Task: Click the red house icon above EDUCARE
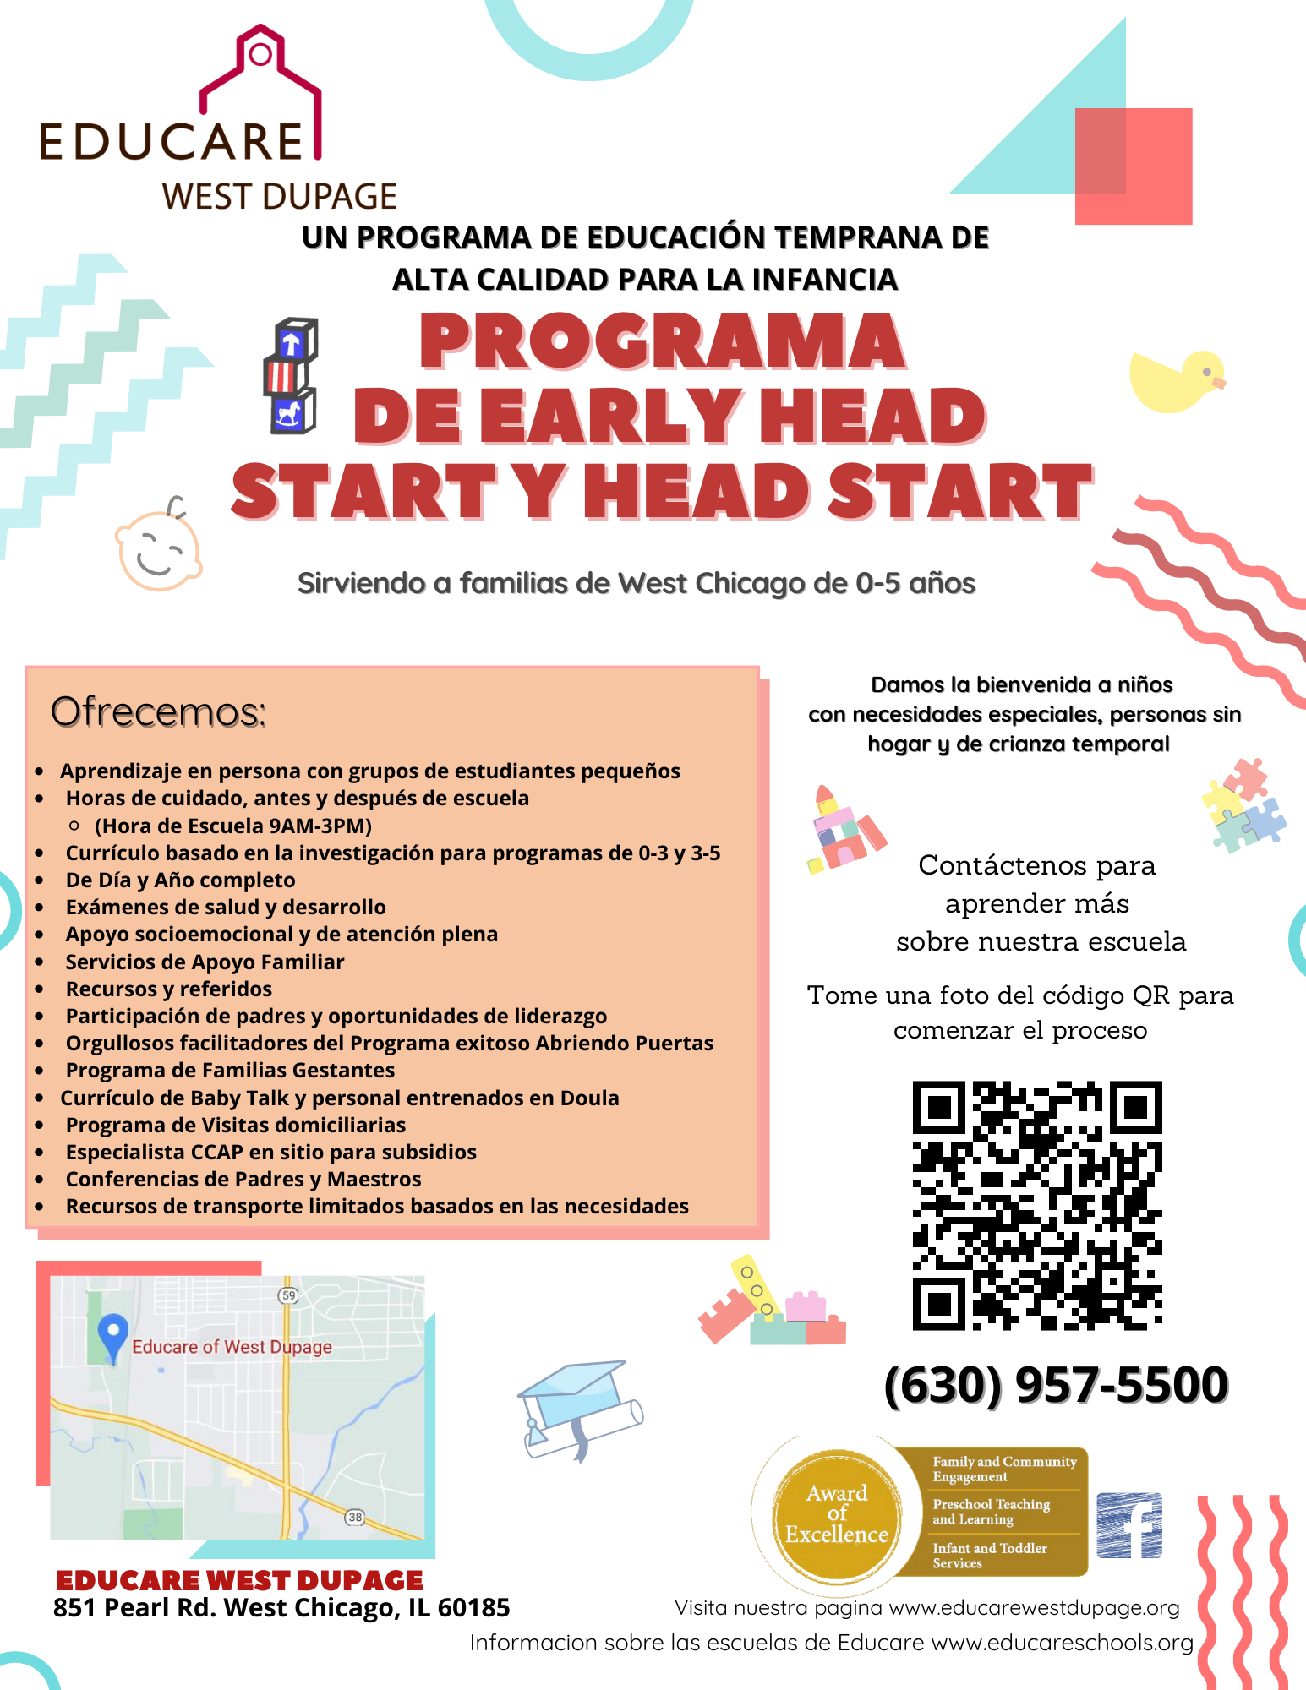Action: tap(260, 84)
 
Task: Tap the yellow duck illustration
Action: tap(1176, 382)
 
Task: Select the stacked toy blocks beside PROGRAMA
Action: tap(290, 376)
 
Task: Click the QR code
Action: tap(1037, 1206)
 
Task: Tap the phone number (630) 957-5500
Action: tap(1056, 1386)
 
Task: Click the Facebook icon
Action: tap(1129, 1525)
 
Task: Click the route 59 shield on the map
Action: tap(289, 1295)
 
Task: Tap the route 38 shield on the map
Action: tap(355, 1517)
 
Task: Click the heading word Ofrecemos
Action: tap(158, 712)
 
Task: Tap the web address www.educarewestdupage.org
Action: tap(1034, 1608)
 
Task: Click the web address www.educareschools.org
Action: tap(1062, 1643)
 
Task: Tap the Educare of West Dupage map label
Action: tap(232, 1347)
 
